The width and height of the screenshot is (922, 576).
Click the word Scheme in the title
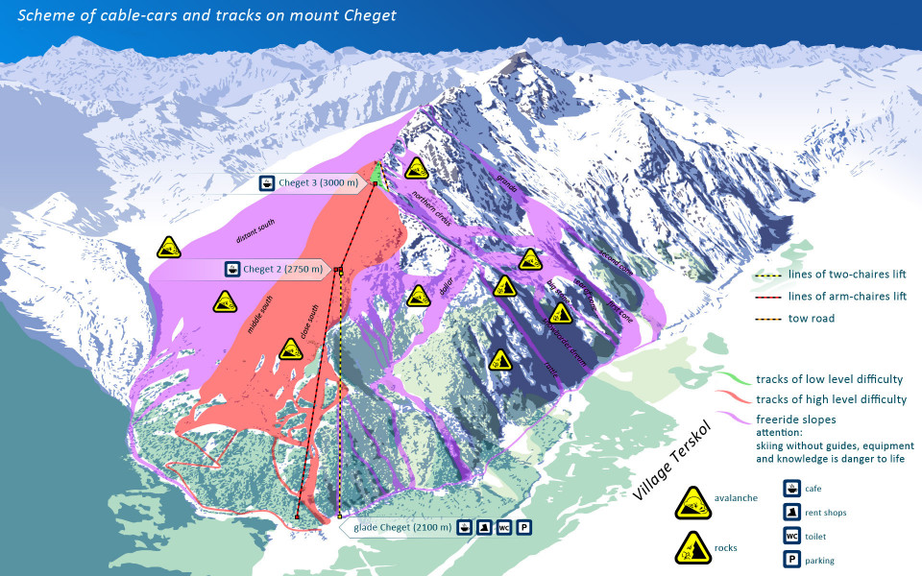click(47, 15)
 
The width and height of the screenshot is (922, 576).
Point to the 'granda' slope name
click(507, 181)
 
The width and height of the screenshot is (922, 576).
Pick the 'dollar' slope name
click(446, 283)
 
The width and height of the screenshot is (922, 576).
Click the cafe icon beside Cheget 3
click(268, 182)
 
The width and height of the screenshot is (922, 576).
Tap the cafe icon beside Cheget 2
click(231, 270)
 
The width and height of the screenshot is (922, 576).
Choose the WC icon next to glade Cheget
click(503, 527)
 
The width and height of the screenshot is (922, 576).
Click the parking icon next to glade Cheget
click(523, 527)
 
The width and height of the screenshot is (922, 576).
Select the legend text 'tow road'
click(812, 318)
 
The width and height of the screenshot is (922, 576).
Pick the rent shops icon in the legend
click(792, 513)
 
